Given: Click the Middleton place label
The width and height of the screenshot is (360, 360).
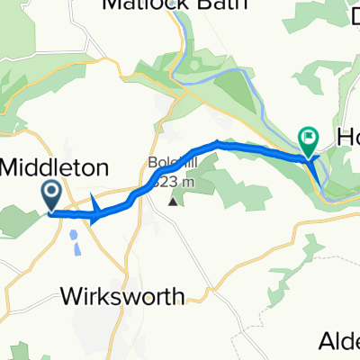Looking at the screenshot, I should pyautogui.click(x=58, y=166).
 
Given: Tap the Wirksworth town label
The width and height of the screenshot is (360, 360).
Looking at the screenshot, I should pyautogui.click(x=135, y=296).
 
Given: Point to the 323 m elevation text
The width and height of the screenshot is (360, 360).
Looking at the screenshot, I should pyautogui.click(x=175, y=178).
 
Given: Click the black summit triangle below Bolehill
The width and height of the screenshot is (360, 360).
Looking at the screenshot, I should pyautogui.click(x=172, y=201).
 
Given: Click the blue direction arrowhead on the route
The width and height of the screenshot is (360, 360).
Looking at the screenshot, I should pyautogui.click(x=96, y=212).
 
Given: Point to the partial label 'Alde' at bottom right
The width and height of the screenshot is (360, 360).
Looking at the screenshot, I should pyautogui.click(x=341, y=340).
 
